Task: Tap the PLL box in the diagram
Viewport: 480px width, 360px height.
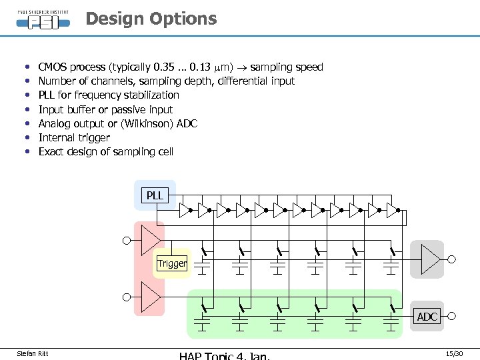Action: point(155,195)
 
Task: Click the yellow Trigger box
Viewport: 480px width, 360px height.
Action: point(172,263)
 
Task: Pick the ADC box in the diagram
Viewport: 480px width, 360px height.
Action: point(427,317)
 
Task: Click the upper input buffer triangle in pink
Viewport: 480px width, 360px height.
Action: point(151,240)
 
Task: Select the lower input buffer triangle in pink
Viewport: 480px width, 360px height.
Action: point(151,297)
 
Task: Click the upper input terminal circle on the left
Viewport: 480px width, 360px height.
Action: point(126,240)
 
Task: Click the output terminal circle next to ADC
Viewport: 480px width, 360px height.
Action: point(451,317)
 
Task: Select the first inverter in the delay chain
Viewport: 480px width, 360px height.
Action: point(185,211)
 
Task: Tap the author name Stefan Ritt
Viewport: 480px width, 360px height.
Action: point(32,353)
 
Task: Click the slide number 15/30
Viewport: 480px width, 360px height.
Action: point(453,352)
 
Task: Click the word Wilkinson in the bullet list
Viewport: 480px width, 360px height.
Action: point(135,123)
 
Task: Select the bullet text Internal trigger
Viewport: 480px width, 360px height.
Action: point(74,137)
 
